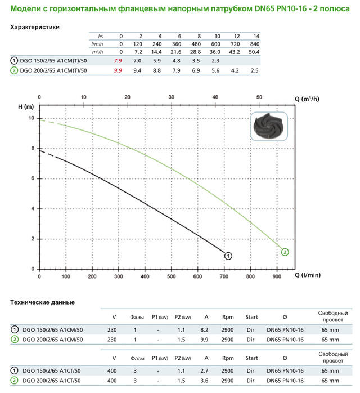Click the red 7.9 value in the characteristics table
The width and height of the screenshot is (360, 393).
point(118,60)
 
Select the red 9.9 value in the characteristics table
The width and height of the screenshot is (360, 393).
point(118,70)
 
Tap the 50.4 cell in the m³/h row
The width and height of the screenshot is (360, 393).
point(255,51)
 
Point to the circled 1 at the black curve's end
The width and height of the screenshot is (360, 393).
point(228,256)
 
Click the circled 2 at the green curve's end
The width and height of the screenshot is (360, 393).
point(285,252)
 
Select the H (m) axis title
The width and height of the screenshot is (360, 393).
point(26,106)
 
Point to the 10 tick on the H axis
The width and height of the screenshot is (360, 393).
point(31,118)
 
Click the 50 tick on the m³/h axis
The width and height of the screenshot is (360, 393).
point(260,97)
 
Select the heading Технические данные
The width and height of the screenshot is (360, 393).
point(43,302)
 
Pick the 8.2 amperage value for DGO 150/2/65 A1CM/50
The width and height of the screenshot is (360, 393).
point(206,329)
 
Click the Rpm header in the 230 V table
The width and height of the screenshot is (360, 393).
point(228,317)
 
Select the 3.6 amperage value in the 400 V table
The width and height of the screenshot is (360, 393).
point(206,381)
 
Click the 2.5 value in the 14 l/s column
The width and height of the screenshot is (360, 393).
point(255,70)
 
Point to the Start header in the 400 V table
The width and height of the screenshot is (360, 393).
point(252,358)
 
